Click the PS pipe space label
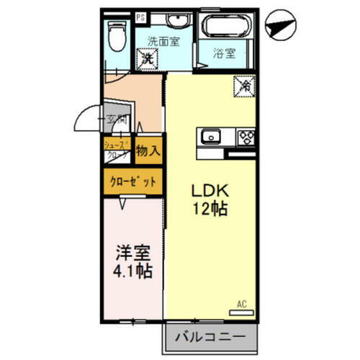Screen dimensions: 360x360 click(x=140, y=14)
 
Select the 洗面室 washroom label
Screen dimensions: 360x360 click(x=163, y=41)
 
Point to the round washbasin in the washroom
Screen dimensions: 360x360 click(x=170, y=20)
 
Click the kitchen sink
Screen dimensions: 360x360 click(x=212, y=135)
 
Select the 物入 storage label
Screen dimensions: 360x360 click(x=149, y=151)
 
